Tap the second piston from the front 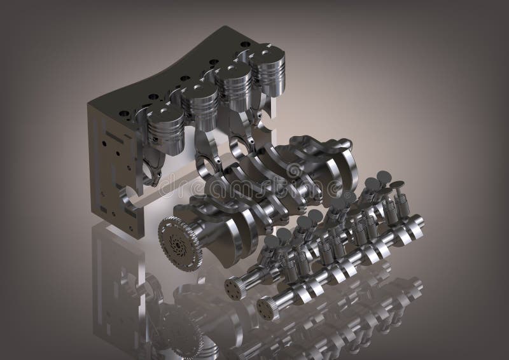coord(200,104)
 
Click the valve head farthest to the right coord(397,186)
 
